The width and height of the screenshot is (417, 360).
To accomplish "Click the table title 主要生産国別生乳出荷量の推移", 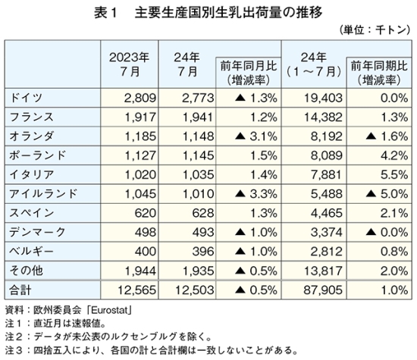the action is tap(229, 13).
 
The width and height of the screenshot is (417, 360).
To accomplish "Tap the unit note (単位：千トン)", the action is tap(375, 30).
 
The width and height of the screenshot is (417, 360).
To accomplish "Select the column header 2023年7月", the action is tap(129, 64).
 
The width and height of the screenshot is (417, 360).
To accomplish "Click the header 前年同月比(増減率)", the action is tap(249, 73).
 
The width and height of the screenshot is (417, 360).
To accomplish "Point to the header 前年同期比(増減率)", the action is tap(379, 73).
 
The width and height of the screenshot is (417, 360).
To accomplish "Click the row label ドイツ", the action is tap(26, 98).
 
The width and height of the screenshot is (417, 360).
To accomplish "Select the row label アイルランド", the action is tap(43, 194).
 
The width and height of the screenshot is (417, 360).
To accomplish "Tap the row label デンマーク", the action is tap(37, 232).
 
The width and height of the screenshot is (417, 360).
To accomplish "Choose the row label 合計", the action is tap(20, 290).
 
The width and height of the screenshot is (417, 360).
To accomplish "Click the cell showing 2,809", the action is tap(140, 98).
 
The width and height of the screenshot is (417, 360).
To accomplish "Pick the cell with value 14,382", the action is tap(323, 117).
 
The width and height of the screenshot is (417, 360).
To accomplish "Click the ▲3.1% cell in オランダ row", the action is tap(256, 136).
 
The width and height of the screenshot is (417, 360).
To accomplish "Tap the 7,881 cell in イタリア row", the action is tap(326, 174).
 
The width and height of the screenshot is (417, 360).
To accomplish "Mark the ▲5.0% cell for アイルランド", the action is tap(387, 194).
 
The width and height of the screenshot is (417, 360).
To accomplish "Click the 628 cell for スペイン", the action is tap(203, 213).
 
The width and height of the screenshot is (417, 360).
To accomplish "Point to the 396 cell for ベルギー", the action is tap(203, 252).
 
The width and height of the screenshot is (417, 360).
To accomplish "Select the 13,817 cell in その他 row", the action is tap(323, 271).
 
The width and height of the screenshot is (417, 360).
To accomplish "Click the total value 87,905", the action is tap(323, 290).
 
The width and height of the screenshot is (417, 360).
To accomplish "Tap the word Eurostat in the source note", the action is tap(110, 310).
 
